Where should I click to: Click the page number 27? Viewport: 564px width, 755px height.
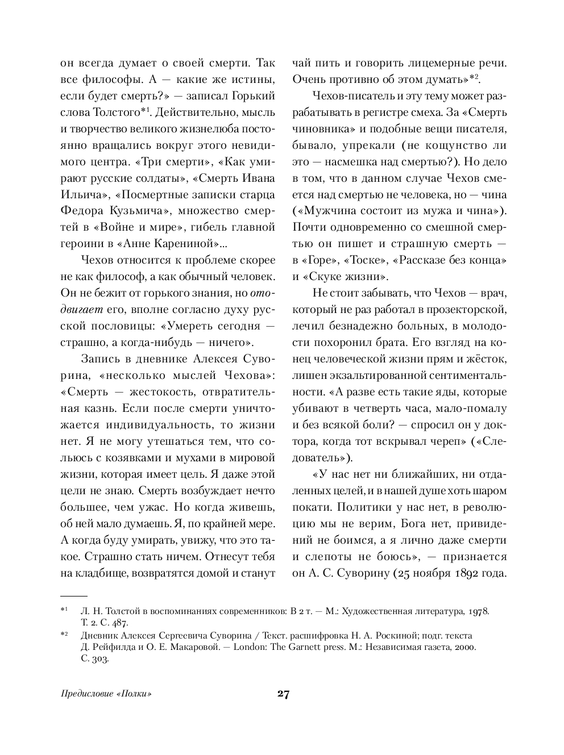pos(283,694)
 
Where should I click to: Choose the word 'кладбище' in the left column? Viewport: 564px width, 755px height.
pos(102,573)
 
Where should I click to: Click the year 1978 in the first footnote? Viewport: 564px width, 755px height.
pos(477,612)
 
